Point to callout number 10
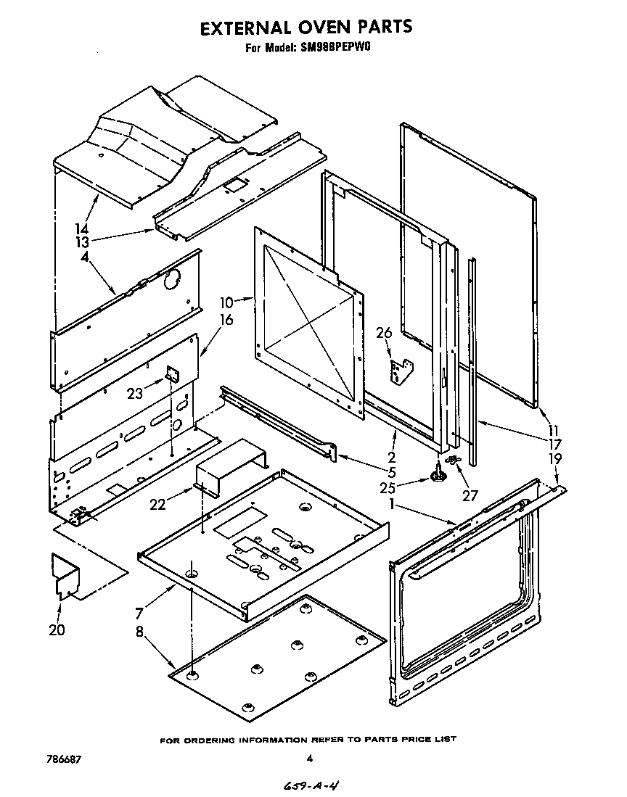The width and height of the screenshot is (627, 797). point(226,302)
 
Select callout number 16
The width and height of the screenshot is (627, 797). point(226,319)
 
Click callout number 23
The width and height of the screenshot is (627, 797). point(134,395)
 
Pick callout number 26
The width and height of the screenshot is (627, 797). point(384,333)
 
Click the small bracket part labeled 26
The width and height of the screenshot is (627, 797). point(400,372)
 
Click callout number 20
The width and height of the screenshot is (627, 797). point(57,630)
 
